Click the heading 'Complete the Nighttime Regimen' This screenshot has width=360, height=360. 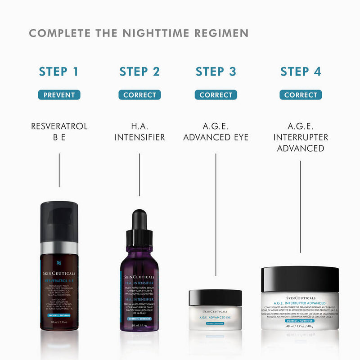coord(139,33)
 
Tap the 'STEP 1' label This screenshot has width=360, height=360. coord(59,72)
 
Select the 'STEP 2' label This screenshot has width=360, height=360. coord(139,72)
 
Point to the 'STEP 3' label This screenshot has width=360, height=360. coord(216,72)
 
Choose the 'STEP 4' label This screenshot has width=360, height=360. coord(301,72)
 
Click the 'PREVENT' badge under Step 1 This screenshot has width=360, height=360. coord(59,95)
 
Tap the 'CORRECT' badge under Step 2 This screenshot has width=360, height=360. coord(139,95)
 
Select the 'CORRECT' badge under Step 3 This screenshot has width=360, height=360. coord(216,95)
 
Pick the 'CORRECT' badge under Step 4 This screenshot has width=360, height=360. coord(301,95)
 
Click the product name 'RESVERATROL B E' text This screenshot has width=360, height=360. coord(59,131)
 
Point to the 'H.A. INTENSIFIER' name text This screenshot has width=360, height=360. coord(139,131)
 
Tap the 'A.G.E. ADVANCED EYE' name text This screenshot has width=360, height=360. coord(216,131)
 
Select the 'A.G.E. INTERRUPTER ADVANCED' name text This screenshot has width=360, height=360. coord(301,137)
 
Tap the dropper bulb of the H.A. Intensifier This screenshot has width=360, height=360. coord(139,220)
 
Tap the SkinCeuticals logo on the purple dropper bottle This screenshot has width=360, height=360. coord(139,277)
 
